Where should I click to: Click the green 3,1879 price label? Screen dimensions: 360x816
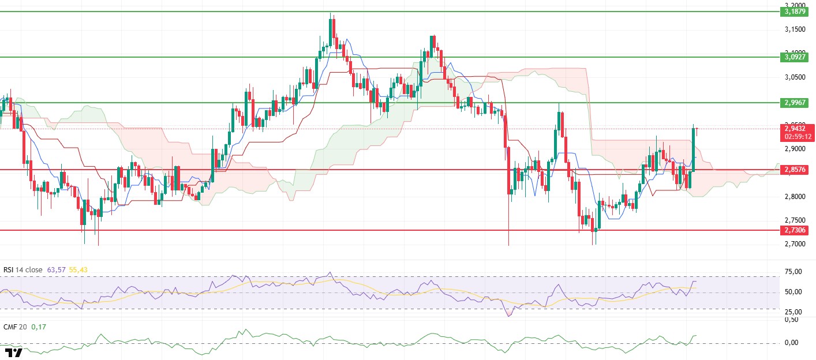796,11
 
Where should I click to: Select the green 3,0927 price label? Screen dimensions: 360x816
796,57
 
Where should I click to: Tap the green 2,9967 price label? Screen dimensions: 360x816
796,102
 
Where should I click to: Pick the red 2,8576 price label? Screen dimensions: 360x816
796,170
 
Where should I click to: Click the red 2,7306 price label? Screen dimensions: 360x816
796,230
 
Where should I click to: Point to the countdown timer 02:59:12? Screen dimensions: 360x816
796,137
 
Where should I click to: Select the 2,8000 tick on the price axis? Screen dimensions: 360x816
796,197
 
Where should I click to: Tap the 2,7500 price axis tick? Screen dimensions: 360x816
796,220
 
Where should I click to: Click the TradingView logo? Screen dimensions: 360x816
13,352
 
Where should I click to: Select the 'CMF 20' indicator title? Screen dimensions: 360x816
14,327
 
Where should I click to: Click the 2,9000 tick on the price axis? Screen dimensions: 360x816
796,149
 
